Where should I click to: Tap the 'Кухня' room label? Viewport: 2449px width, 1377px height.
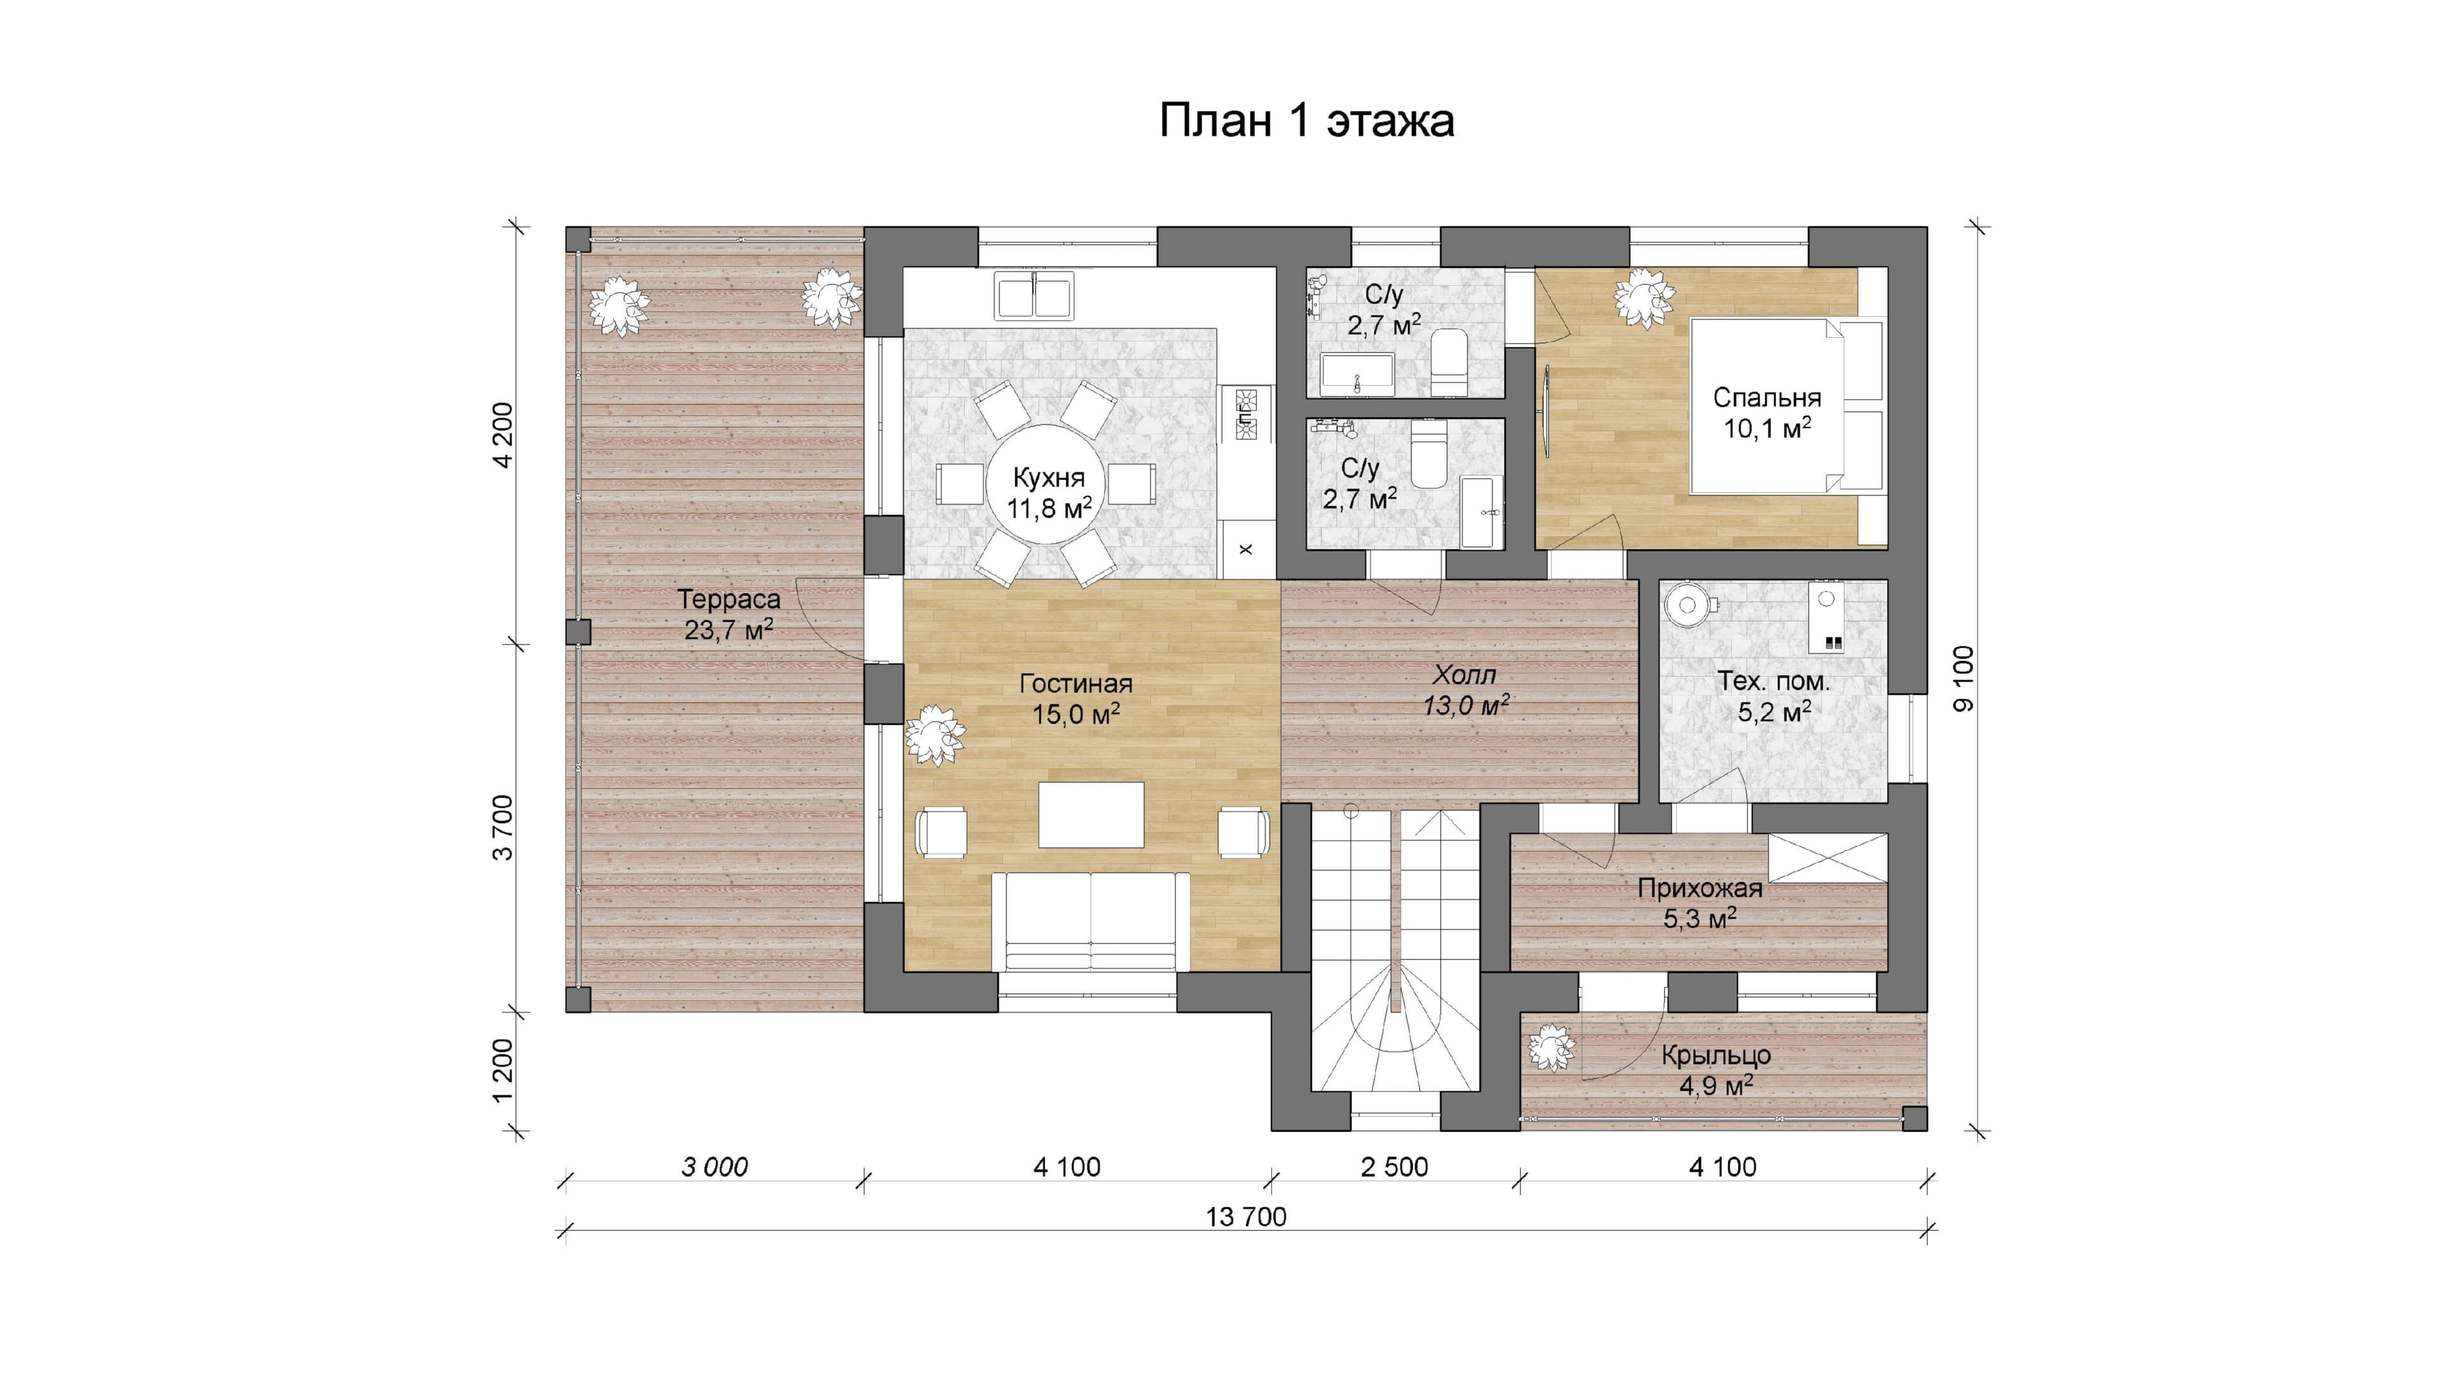tap(1048, 478)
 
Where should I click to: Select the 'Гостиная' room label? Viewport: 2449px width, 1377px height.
tap(1076, 683)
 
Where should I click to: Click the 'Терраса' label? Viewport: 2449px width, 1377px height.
tap(729, 600)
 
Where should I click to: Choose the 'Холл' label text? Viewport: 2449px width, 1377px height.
tap(1464, 674)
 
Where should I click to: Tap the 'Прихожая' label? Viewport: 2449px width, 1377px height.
tap(1700, 889)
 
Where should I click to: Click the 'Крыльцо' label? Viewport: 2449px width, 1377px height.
tap(1716, 1055)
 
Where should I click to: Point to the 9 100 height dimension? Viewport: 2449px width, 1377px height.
tap(1963, 678)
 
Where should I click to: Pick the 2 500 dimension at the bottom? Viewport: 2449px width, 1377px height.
tap(1394, 1167)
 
